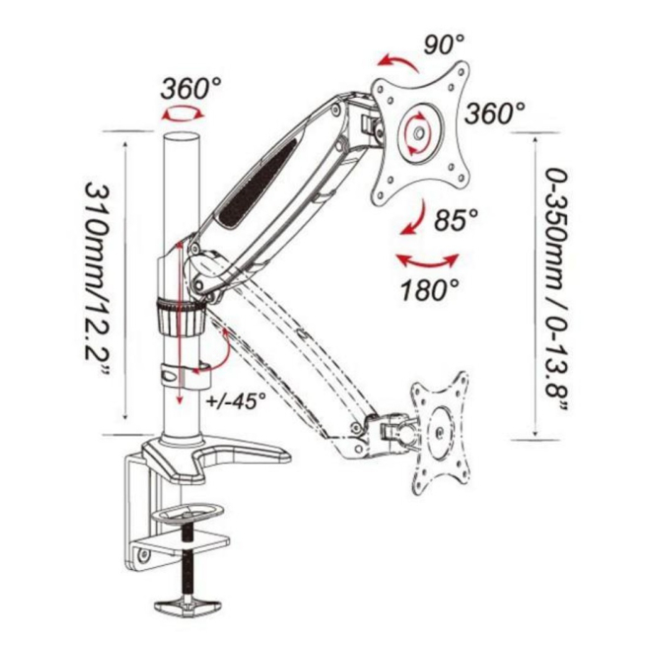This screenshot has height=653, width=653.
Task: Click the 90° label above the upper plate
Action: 444,44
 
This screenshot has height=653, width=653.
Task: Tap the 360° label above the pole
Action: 191,87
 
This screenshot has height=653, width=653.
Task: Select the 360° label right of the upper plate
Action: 496,113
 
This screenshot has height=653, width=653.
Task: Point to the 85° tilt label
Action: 455,218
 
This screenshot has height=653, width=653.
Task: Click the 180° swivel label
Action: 430,289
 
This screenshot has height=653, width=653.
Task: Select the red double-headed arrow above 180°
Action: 426,261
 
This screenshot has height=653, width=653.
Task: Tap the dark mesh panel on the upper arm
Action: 259,177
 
